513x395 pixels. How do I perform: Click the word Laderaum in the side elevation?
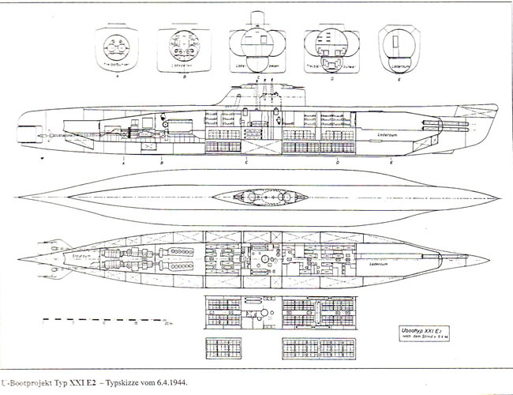(x=392, y=125)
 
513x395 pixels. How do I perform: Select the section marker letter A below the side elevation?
(x=125, y=160)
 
